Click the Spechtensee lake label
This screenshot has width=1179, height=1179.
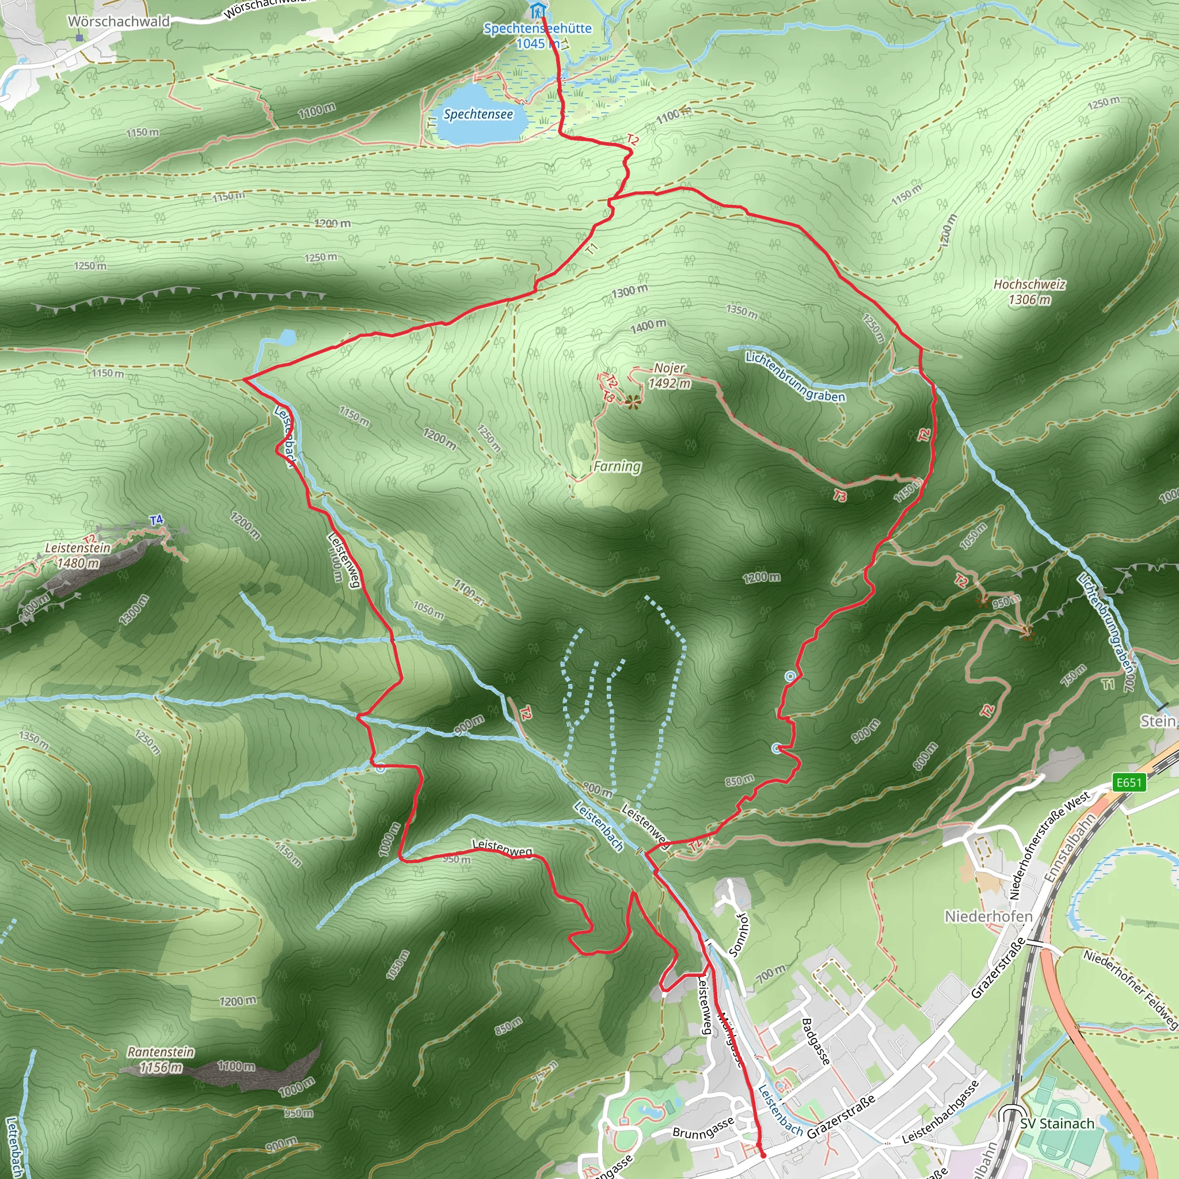pos(478,114)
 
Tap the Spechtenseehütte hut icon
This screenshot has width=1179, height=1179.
pos(537,10)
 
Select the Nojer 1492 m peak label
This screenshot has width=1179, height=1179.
pos(670,375)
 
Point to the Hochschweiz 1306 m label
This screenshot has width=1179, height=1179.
pos(1029,292)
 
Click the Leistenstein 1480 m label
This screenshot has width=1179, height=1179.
pos(78,555)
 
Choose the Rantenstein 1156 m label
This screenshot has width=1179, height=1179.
pos(161,1059)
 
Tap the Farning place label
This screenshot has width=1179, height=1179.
pos(617,466)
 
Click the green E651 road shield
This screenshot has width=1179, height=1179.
pos(1128,782)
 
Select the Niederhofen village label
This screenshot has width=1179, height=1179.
pos(988,916)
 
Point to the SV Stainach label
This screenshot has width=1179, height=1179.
pos(1057,1124)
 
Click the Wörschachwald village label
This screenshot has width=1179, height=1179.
pos(119,21)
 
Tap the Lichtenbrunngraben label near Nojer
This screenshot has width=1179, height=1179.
pos(795,376)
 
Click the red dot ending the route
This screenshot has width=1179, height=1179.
pos(763,1155)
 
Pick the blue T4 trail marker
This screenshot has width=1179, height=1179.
pos(156,520)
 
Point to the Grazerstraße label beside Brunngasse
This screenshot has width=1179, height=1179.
pos(841,1116)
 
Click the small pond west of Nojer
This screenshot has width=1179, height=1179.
pos(287,337)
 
